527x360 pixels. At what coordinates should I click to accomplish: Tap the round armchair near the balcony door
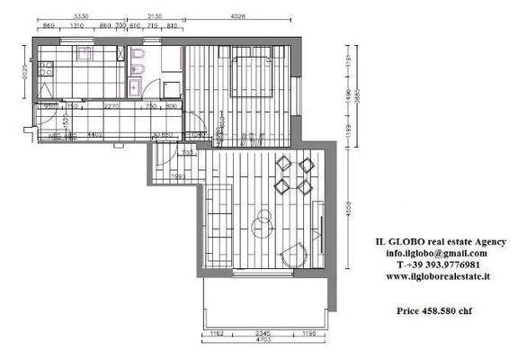click(293, 255)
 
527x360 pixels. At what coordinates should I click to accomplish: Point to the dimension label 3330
click(80, 16)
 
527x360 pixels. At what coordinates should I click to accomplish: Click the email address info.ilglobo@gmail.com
click(436, 254)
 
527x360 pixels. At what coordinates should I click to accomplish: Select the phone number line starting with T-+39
click(437, 265)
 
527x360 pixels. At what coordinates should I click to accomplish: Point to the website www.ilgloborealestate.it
click(437, 277)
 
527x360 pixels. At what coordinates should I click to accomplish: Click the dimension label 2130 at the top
click(154, 16)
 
